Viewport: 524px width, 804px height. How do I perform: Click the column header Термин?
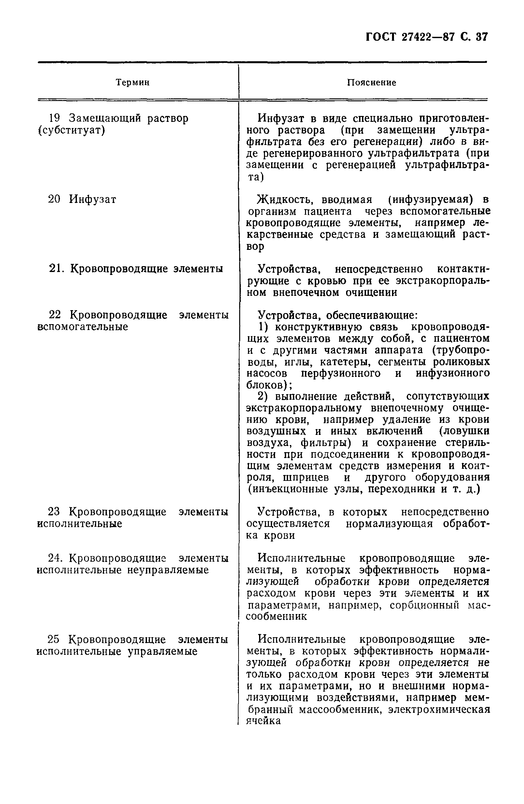132,82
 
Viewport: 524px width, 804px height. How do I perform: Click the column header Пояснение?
371,83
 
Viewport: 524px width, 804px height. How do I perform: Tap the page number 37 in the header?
482,37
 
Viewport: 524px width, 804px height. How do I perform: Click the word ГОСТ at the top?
380,37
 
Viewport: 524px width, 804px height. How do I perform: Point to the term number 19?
55,118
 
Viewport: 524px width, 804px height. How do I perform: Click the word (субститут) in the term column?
71,130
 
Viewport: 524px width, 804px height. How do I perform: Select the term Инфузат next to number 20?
93,199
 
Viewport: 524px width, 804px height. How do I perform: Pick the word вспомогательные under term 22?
82,327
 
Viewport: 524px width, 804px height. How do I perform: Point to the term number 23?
54,512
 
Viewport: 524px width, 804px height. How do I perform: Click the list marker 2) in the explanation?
263,396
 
